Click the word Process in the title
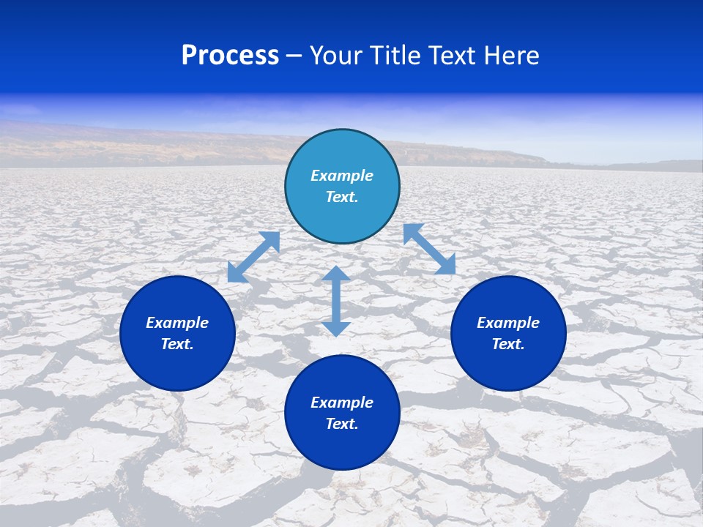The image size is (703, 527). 230,56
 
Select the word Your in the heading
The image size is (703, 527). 338,56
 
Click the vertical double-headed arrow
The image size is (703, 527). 336,302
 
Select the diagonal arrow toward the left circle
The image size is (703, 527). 253,257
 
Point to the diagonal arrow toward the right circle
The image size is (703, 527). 429,249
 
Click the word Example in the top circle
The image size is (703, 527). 342,176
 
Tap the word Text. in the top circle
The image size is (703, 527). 342,197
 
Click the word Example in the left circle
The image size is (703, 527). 177,323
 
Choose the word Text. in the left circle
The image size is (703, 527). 177,344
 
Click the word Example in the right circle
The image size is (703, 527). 508,323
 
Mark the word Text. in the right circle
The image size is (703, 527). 508,344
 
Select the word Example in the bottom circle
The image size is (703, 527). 342,403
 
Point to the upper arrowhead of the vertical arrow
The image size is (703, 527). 336,274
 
